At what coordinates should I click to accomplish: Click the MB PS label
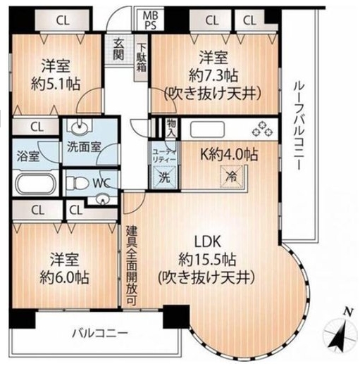[151, 20]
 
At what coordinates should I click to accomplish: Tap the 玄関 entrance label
[118, 50]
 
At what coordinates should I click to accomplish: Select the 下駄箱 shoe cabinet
[142, 58]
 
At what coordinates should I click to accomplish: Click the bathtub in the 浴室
[37, 184]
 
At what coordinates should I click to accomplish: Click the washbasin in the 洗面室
[80, 127]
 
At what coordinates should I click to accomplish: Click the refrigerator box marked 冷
[231, 177]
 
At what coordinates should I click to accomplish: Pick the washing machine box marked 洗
[164, 177]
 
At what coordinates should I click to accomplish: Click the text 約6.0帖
[64, 277]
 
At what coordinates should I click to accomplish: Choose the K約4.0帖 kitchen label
[229, 154]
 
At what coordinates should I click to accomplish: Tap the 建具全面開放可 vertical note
[132, 265]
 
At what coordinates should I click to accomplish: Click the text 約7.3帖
[213, 75]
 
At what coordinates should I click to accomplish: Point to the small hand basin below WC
[102, 200]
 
